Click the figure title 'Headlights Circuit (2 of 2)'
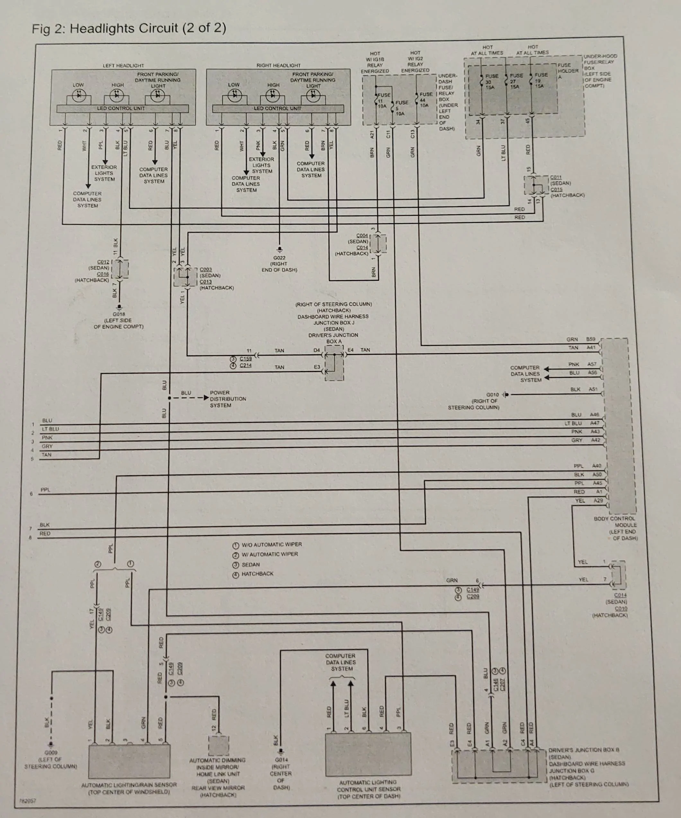click(129, 28)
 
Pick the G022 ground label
click(279, 258)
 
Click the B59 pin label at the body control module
click(591, 339)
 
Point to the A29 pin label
click(598, 501)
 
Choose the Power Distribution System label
click(228, 399)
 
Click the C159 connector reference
click(245, 359)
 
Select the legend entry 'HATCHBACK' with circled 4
click(257, 574)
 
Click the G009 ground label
click(50, 753)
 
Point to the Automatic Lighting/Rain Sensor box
click(129, 761)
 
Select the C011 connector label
click(556, 177)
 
